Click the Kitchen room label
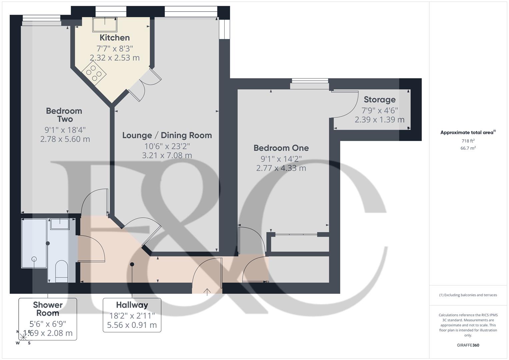click(114, 38)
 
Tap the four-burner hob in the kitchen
click(94, 73)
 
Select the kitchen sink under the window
click(105, 25)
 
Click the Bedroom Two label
click(64, 115)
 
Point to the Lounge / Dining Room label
click(167, 135)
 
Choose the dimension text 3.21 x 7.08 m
click(167, 155)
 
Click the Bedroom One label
click(281, 148)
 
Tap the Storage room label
click(380, 100)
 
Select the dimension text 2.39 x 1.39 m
click(380, 120)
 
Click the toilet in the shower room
click(61, 270)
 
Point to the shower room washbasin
click(60, 224)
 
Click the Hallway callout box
click(132, 315)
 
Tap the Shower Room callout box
click(48, 319)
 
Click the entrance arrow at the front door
click(207, 292)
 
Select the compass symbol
click(23, 337)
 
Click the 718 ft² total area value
click(468, 141)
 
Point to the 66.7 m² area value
click(468, 148)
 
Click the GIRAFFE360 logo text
click(468, 345)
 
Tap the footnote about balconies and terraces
click(468, 295)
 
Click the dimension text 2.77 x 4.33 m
click(281, 168)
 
